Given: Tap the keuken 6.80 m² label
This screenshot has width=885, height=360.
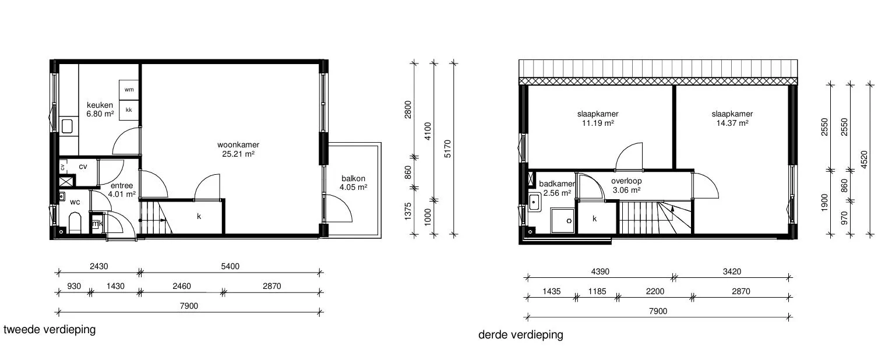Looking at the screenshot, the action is pos(100,110).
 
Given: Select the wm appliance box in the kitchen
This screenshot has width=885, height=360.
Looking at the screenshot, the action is pos(129,90).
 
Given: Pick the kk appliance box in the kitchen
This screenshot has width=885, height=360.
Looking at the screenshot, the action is pos(129,110).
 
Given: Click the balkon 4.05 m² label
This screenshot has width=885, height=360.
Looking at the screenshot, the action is pos(353,183).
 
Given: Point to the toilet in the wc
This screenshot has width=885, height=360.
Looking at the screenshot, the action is pos(75,223).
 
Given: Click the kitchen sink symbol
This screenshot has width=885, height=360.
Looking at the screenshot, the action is pos(67,126).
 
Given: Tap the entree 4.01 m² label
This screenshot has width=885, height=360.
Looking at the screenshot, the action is pos(122,190).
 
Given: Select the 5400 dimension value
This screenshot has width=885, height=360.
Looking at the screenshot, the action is pos(230,266).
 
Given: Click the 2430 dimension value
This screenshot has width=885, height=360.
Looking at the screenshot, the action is pos(99,266).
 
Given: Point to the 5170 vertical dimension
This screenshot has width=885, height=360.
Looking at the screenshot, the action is pos(447,149).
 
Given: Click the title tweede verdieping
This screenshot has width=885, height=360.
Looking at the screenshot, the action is pos(50,330).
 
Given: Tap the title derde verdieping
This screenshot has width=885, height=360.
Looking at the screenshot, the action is pos(521,335).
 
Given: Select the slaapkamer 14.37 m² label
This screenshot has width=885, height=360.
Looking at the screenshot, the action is pos(732,119).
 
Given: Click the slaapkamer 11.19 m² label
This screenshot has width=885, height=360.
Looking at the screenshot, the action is pos(598,119).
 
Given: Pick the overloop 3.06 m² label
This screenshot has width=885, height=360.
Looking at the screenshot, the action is pos(626,185).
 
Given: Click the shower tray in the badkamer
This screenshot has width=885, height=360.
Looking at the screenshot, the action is pos(562,221).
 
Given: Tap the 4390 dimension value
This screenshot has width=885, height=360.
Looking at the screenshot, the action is pos(600,271).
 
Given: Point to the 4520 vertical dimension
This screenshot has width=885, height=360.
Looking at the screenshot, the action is pos(864,160).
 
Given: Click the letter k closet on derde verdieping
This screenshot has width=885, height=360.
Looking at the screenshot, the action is pos(595,218).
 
